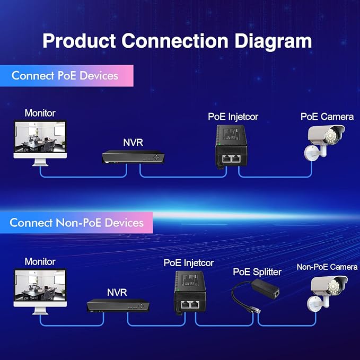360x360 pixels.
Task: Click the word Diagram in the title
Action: pos(273,41)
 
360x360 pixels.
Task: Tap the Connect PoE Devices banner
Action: pos(67,76)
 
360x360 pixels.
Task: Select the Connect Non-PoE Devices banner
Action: pos(76,223)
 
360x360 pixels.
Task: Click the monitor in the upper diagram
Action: pos(40,143)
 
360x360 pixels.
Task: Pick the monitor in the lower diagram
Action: pos(40,292)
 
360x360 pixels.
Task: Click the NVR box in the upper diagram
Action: pos(133,157)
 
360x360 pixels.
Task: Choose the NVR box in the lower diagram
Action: pos(118,305)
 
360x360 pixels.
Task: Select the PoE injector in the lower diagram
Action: pos(190,293)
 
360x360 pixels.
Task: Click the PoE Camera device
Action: pos(324,142)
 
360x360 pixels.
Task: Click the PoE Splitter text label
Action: pos(257,272)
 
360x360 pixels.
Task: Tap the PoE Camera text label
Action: pos(327,117)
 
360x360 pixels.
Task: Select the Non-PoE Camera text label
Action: pos(327,267)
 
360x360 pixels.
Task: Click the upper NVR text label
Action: pos(133,143)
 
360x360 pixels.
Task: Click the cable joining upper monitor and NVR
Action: pos(83,177)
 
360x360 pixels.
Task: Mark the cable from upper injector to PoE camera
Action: pos(275,177)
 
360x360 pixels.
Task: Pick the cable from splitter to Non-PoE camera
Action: pos(287,326)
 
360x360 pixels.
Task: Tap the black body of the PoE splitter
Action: pos(265,289)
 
